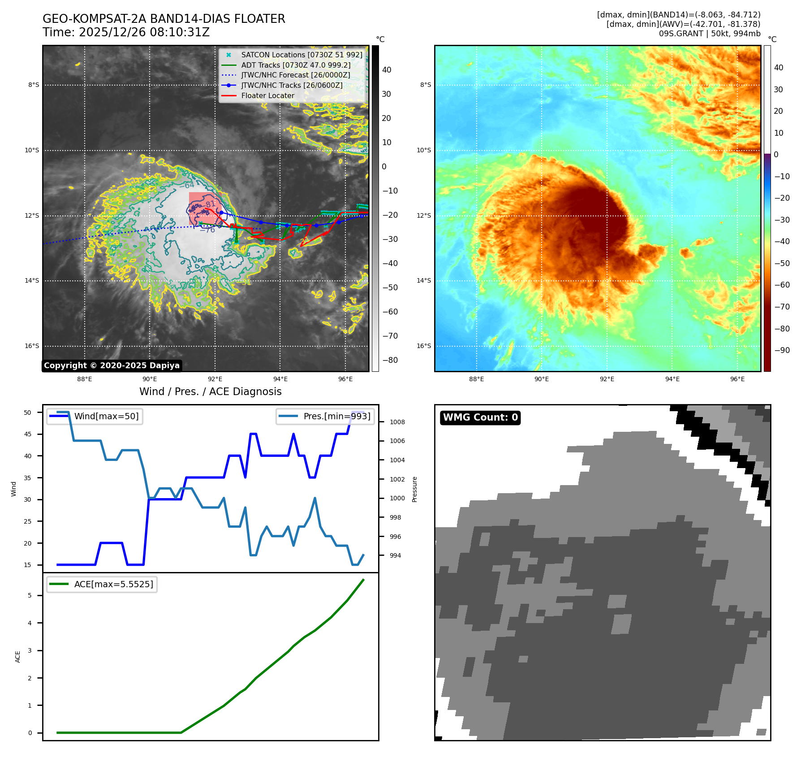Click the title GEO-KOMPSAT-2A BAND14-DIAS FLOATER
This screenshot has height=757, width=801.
pos(164,19)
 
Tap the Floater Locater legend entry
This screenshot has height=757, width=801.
pos(267,95)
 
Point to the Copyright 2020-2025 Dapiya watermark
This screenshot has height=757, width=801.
pos(112,366)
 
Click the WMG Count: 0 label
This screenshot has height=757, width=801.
pos(480,417)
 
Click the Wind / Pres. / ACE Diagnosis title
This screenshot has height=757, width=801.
pos(210,391)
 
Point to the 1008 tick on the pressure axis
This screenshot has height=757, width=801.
pos(397,422)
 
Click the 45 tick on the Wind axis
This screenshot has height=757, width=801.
pos(28,434)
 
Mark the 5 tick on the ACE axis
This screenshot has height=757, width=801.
pos(30,595)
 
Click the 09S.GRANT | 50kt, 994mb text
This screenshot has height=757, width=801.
pos(709,34)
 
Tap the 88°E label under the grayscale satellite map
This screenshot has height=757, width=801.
pos(84,379)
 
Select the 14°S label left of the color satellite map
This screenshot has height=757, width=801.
pos(424,281)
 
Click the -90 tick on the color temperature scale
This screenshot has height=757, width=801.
pos(782,350)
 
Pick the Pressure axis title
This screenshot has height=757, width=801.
pos(415,489)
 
